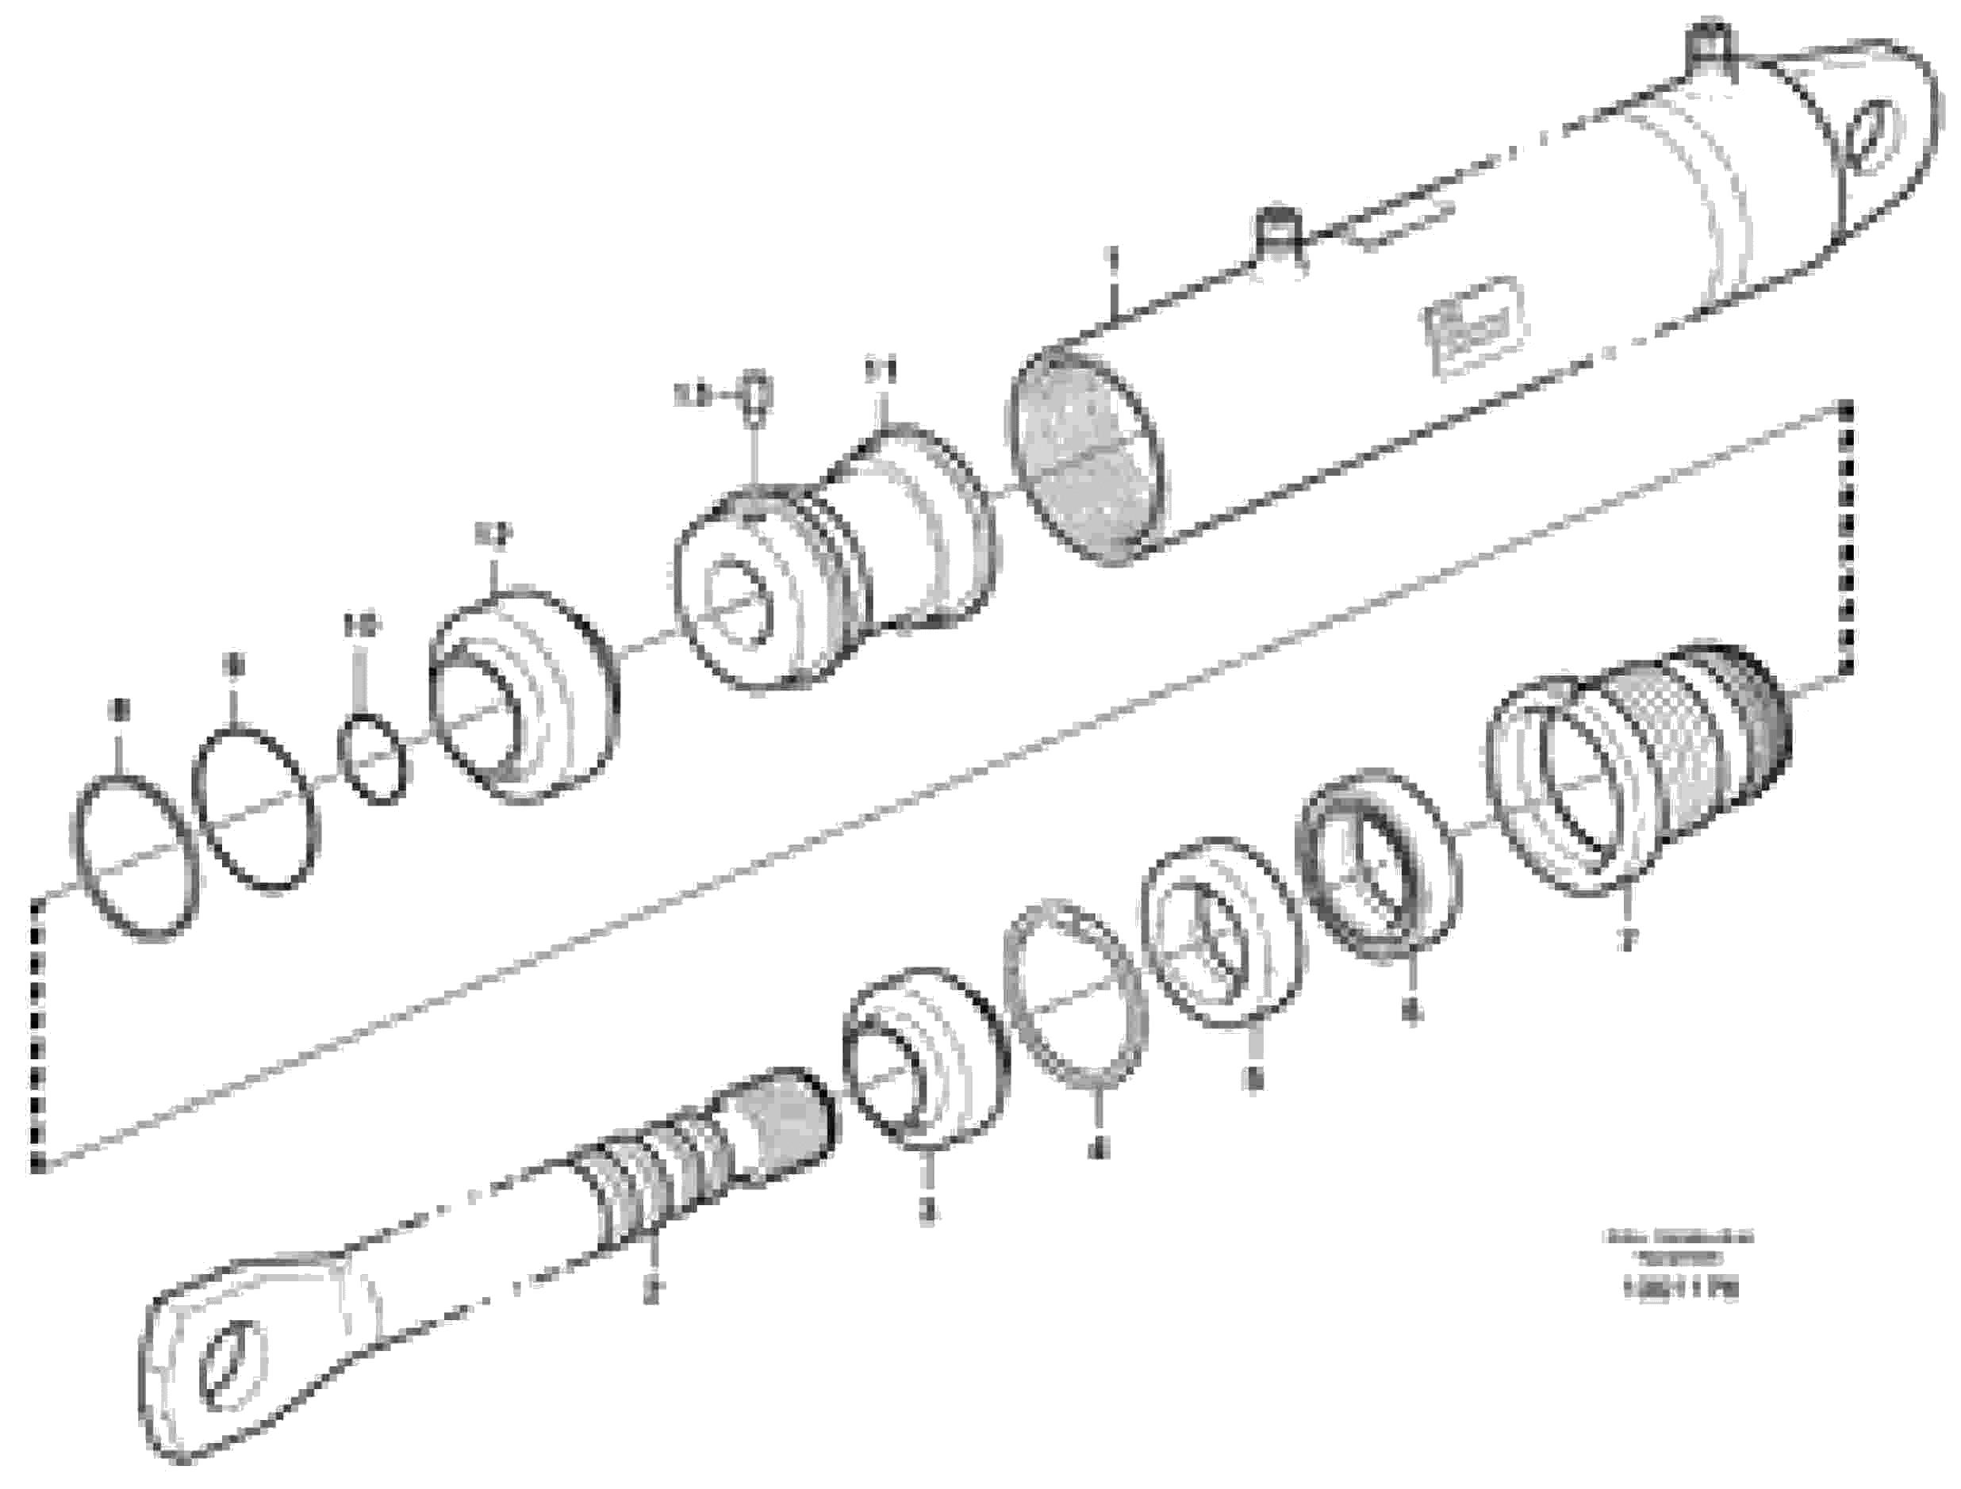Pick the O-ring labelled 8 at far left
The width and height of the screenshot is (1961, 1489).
pos(135,855)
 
